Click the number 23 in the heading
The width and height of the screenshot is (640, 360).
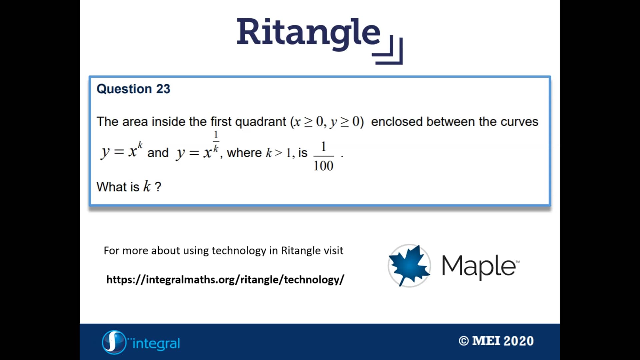pyautogui.click(x=163, y=89)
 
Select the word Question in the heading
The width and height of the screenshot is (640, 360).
pyautogui.click(x=124, y=89)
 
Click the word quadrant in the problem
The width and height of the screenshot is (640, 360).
pyautogui.click(x=260, y=122)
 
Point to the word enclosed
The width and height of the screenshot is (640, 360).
pyautogui.click(x=397, y=122)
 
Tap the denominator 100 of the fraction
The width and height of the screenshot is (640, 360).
pyautogui.click(x=323, y=166)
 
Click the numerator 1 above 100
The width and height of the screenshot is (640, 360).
pyautogui.click(x=323, y=147)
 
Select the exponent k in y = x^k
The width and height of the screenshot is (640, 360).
pyautogui.click(x=140, y=145)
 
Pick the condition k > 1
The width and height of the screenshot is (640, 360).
pyautogui.click(x=278, y=153)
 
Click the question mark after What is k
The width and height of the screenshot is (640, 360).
pyautogui.click(x=158, y=187)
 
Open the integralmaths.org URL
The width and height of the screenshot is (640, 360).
pyautogui.click(x=225, y=279)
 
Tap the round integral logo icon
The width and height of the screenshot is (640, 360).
pyautogui.click(x=113, y=342)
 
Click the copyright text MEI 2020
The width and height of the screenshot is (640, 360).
pyautogui.click(x=496, y=341)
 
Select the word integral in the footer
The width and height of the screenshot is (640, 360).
pyautogui.click(x=156, y=343)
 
